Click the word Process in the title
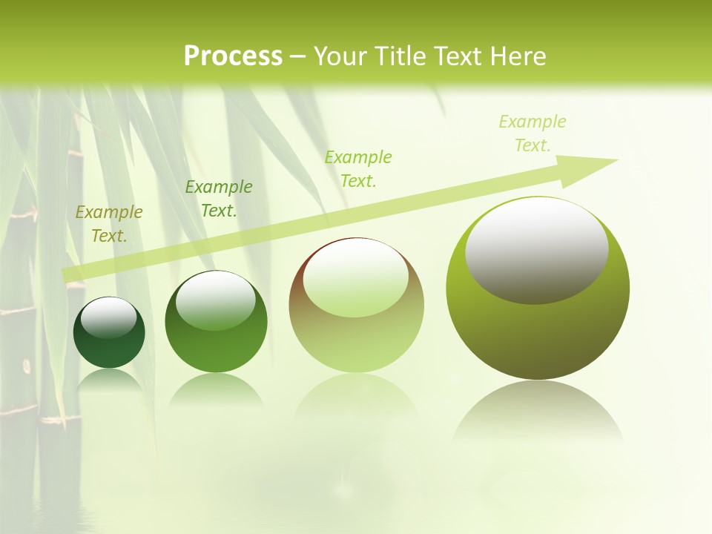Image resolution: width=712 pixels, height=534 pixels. [x=233, y=56]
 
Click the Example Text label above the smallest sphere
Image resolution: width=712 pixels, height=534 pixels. [x=109, y=224]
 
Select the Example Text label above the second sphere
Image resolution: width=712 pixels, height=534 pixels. [x=219, y=199]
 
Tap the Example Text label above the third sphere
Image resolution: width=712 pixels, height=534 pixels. [x=358, y=169]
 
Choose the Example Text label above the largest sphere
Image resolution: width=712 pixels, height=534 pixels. [x=533, y=133]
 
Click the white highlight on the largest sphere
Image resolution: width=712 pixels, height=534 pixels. [x=537, y=249]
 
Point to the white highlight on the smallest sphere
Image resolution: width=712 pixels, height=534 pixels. [x=108, y=317]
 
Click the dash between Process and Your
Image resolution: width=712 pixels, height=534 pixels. [x=298, y=56]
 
